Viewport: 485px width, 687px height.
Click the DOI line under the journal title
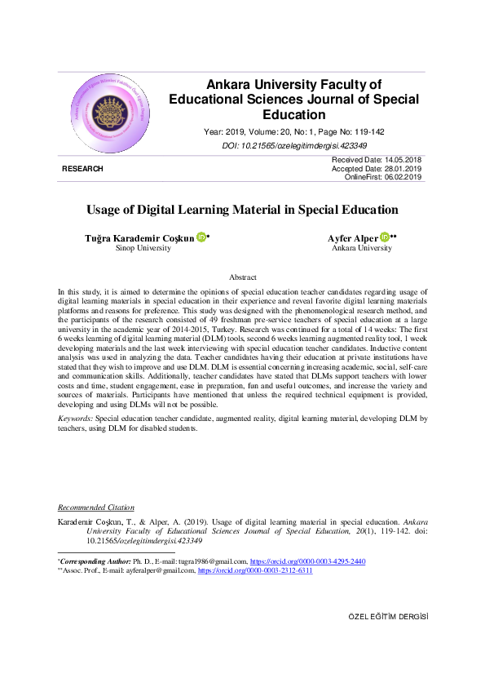coord(293,145)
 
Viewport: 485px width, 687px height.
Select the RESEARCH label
coord(82,169)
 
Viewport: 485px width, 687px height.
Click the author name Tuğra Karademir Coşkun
coord(140,237)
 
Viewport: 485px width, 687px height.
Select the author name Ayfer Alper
coord(352,237)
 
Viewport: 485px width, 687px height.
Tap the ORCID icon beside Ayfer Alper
coord(385,237)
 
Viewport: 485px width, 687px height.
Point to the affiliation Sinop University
coord(143,248)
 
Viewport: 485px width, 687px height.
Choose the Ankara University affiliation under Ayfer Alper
coord(362,248)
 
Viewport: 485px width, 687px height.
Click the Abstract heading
coord(243,277)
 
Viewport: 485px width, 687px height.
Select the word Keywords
coord(75,418)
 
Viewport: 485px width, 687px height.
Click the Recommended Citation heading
coord(96,507)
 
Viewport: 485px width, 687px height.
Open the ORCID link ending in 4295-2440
coord(307,562)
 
